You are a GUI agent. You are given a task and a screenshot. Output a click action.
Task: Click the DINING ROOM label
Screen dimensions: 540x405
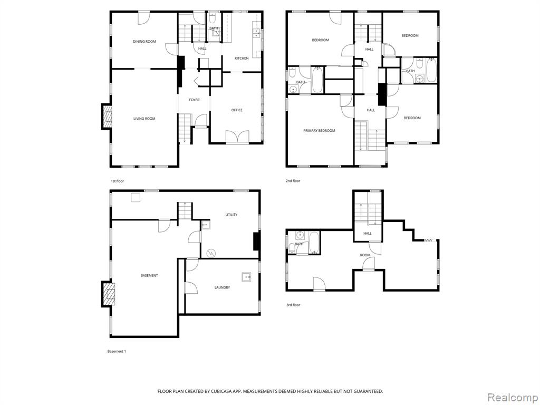[x=144, y=42]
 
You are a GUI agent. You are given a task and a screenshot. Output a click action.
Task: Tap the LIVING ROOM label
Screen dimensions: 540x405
[x=144, y=119]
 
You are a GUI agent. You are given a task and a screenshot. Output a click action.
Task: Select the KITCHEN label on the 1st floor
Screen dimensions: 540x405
[x=242, y=59]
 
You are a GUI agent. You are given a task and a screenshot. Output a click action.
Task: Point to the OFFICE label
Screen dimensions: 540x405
[x=237, y=110]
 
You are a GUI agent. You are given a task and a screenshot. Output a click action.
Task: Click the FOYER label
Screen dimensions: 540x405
[x=194, y=100]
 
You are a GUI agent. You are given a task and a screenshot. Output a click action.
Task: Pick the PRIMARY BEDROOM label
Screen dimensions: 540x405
[x=319, y=131]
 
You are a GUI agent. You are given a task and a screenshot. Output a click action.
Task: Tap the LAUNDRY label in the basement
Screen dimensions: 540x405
[x=222, y=287]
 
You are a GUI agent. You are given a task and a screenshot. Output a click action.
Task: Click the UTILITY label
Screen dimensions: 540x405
[x=232, y=215]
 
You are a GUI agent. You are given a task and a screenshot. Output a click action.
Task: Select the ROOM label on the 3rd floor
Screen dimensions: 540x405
[x=365, y=256]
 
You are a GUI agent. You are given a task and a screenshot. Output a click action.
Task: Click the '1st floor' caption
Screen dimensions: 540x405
[x=117, y=181]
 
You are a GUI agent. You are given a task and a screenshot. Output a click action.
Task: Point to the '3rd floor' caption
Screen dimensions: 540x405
[x=293, y=305]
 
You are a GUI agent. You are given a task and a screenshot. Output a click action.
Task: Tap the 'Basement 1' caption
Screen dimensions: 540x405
[x=117, y=352]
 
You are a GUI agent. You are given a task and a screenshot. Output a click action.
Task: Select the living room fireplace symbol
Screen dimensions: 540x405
[x=107, y=117]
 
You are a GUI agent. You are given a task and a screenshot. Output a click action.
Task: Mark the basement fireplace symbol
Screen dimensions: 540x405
[x=108, y=294]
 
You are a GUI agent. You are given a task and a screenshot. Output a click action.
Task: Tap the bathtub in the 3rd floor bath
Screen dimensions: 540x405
[x=314, y=243]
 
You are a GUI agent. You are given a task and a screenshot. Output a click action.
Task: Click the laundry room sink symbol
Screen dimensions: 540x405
[x=246, y=276]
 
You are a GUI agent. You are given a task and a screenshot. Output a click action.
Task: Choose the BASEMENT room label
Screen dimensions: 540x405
[x=149, y=276]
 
